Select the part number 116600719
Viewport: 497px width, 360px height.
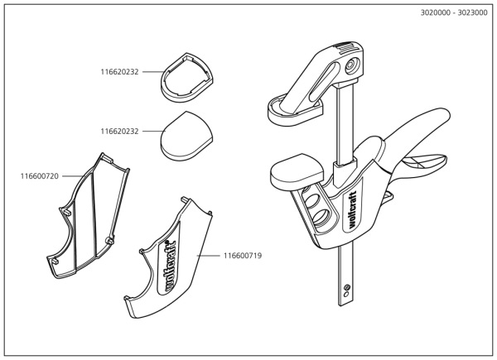coord(243,256)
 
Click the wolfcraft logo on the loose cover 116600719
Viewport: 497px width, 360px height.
coord(171,265)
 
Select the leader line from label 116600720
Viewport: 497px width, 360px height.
coord(73,175)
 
